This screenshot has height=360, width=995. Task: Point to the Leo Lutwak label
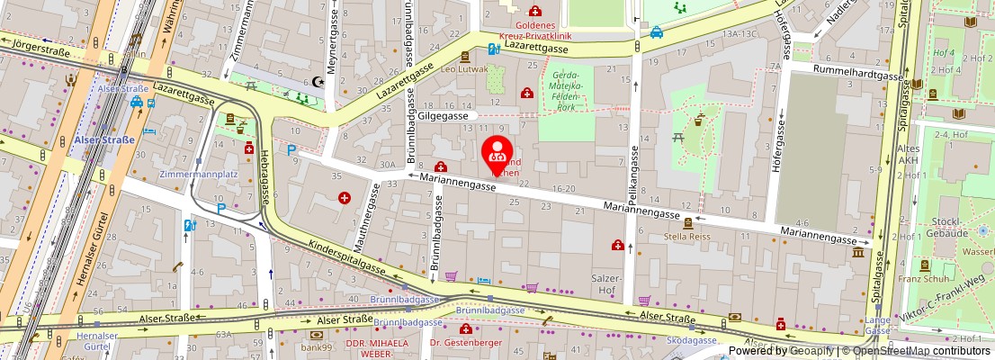(463, 69)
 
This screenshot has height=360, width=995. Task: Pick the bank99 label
(317, 346)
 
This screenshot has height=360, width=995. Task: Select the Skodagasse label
(692, 340)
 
